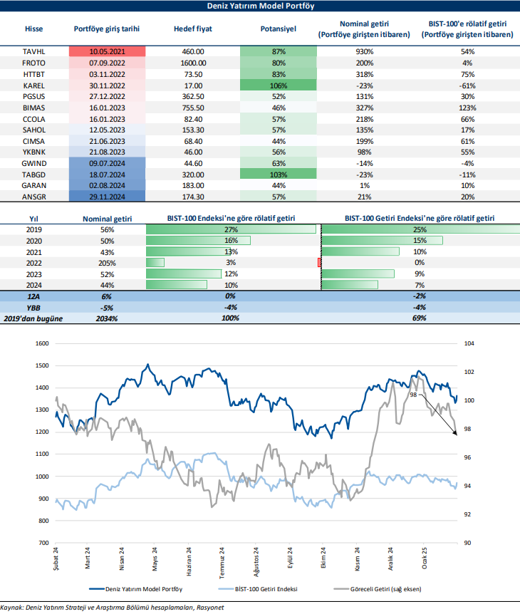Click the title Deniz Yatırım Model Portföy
[x=259, y=6]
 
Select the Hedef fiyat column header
[x=193, y=28]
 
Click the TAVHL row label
[x=34, y=52]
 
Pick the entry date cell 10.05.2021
[x=108, y=52]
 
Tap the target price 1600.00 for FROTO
[x=193, y=63]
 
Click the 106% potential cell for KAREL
[x=279, y=85]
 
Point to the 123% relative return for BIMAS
[x=467, y=107]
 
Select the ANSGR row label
[x=34, y=195]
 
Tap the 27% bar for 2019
[x=231, y=229]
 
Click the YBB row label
[x=34, y=307]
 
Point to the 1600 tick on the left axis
[x=43, y=343]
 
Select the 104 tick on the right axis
[x=469, y=343]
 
